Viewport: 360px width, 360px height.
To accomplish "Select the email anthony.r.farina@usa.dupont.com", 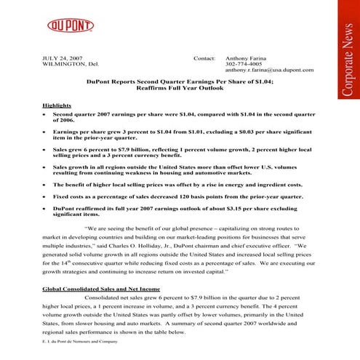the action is pyautogui.click(x=269, y=71).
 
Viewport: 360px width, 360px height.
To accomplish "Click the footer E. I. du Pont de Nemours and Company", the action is pyautogui.click(x=79, y=340).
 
